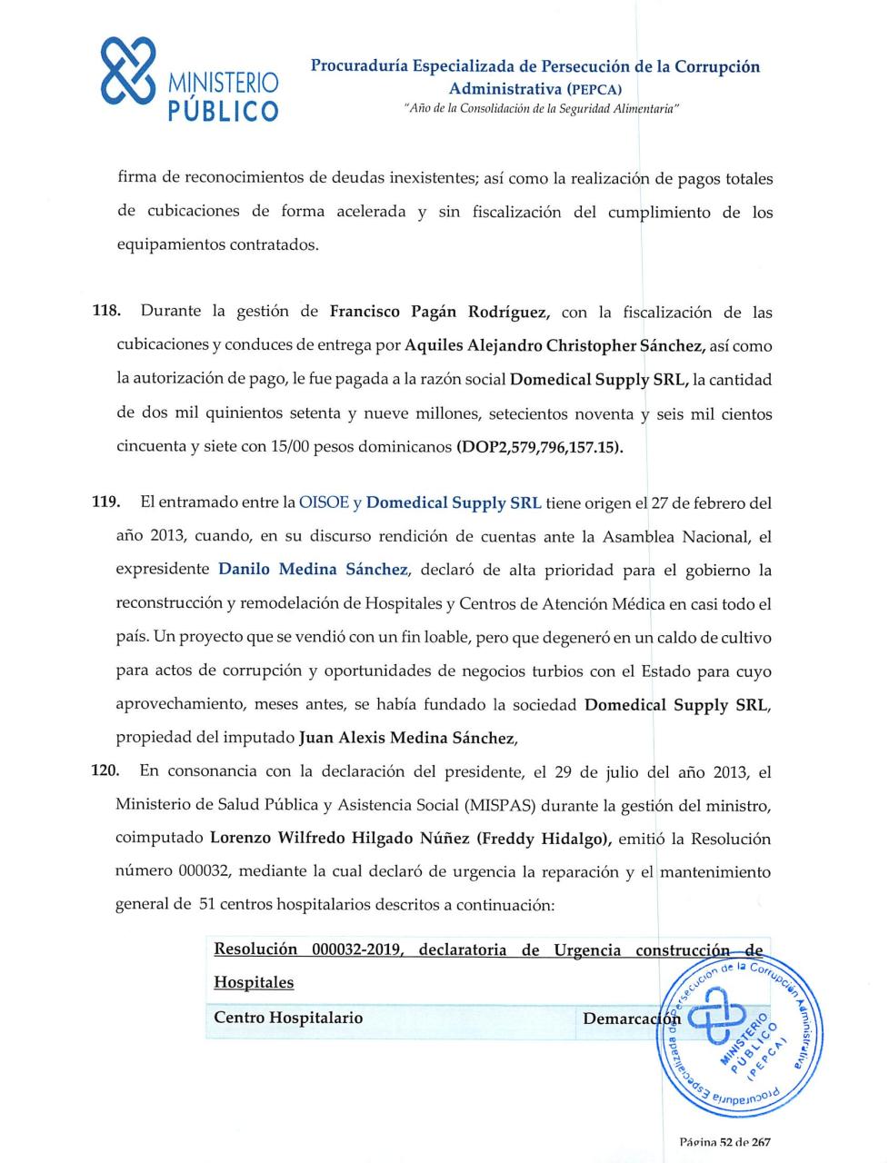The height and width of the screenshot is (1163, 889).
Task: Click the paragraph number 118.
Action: pyautogui.click(x=105, y=311)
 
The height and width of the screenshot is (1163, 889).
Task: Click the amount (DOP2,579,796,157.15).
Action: pyautogui.click(x=539, y=447)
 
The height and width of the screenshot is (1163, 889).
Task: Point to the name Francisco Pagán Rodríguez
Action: pyautogui.click(x=438, y=312)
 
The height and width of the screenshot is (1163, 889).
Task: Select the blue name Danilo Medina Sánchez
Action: pyautogui.click(x=314, y=570)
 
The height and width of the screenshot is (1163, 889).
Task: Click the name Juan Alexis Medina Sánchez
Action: pyautogui.click(x=407, y=738)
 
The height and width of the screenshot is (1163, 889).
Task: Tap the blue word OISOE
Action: pyautogui.click(x=324, y=502)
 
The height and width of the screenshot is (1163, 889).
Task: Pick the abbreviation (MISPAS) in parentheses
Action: pyautogui.click(x=499, y=805)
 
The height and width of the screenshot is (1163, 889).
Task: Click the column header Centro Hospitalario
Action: pyautogui.click(x=288, y=1018)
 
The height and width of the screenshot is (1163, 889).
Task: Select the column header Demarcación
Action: pyautogui.click(x=631, y=1019)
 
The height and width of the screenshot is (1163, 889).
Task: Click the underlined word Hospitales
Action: pyautogui.click(x=254, y=982)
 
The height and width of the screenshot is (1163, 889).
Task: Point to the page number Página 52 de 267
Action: pyautogui.click(x=724, y=1142)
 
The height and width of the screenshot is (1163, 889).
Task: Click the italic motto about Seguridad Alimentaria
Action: pyautogui.click(x=541, y=109)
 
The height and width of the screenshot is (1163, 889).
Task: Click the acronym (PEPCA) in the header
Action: pyautogui.click(x=594, y=89)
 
